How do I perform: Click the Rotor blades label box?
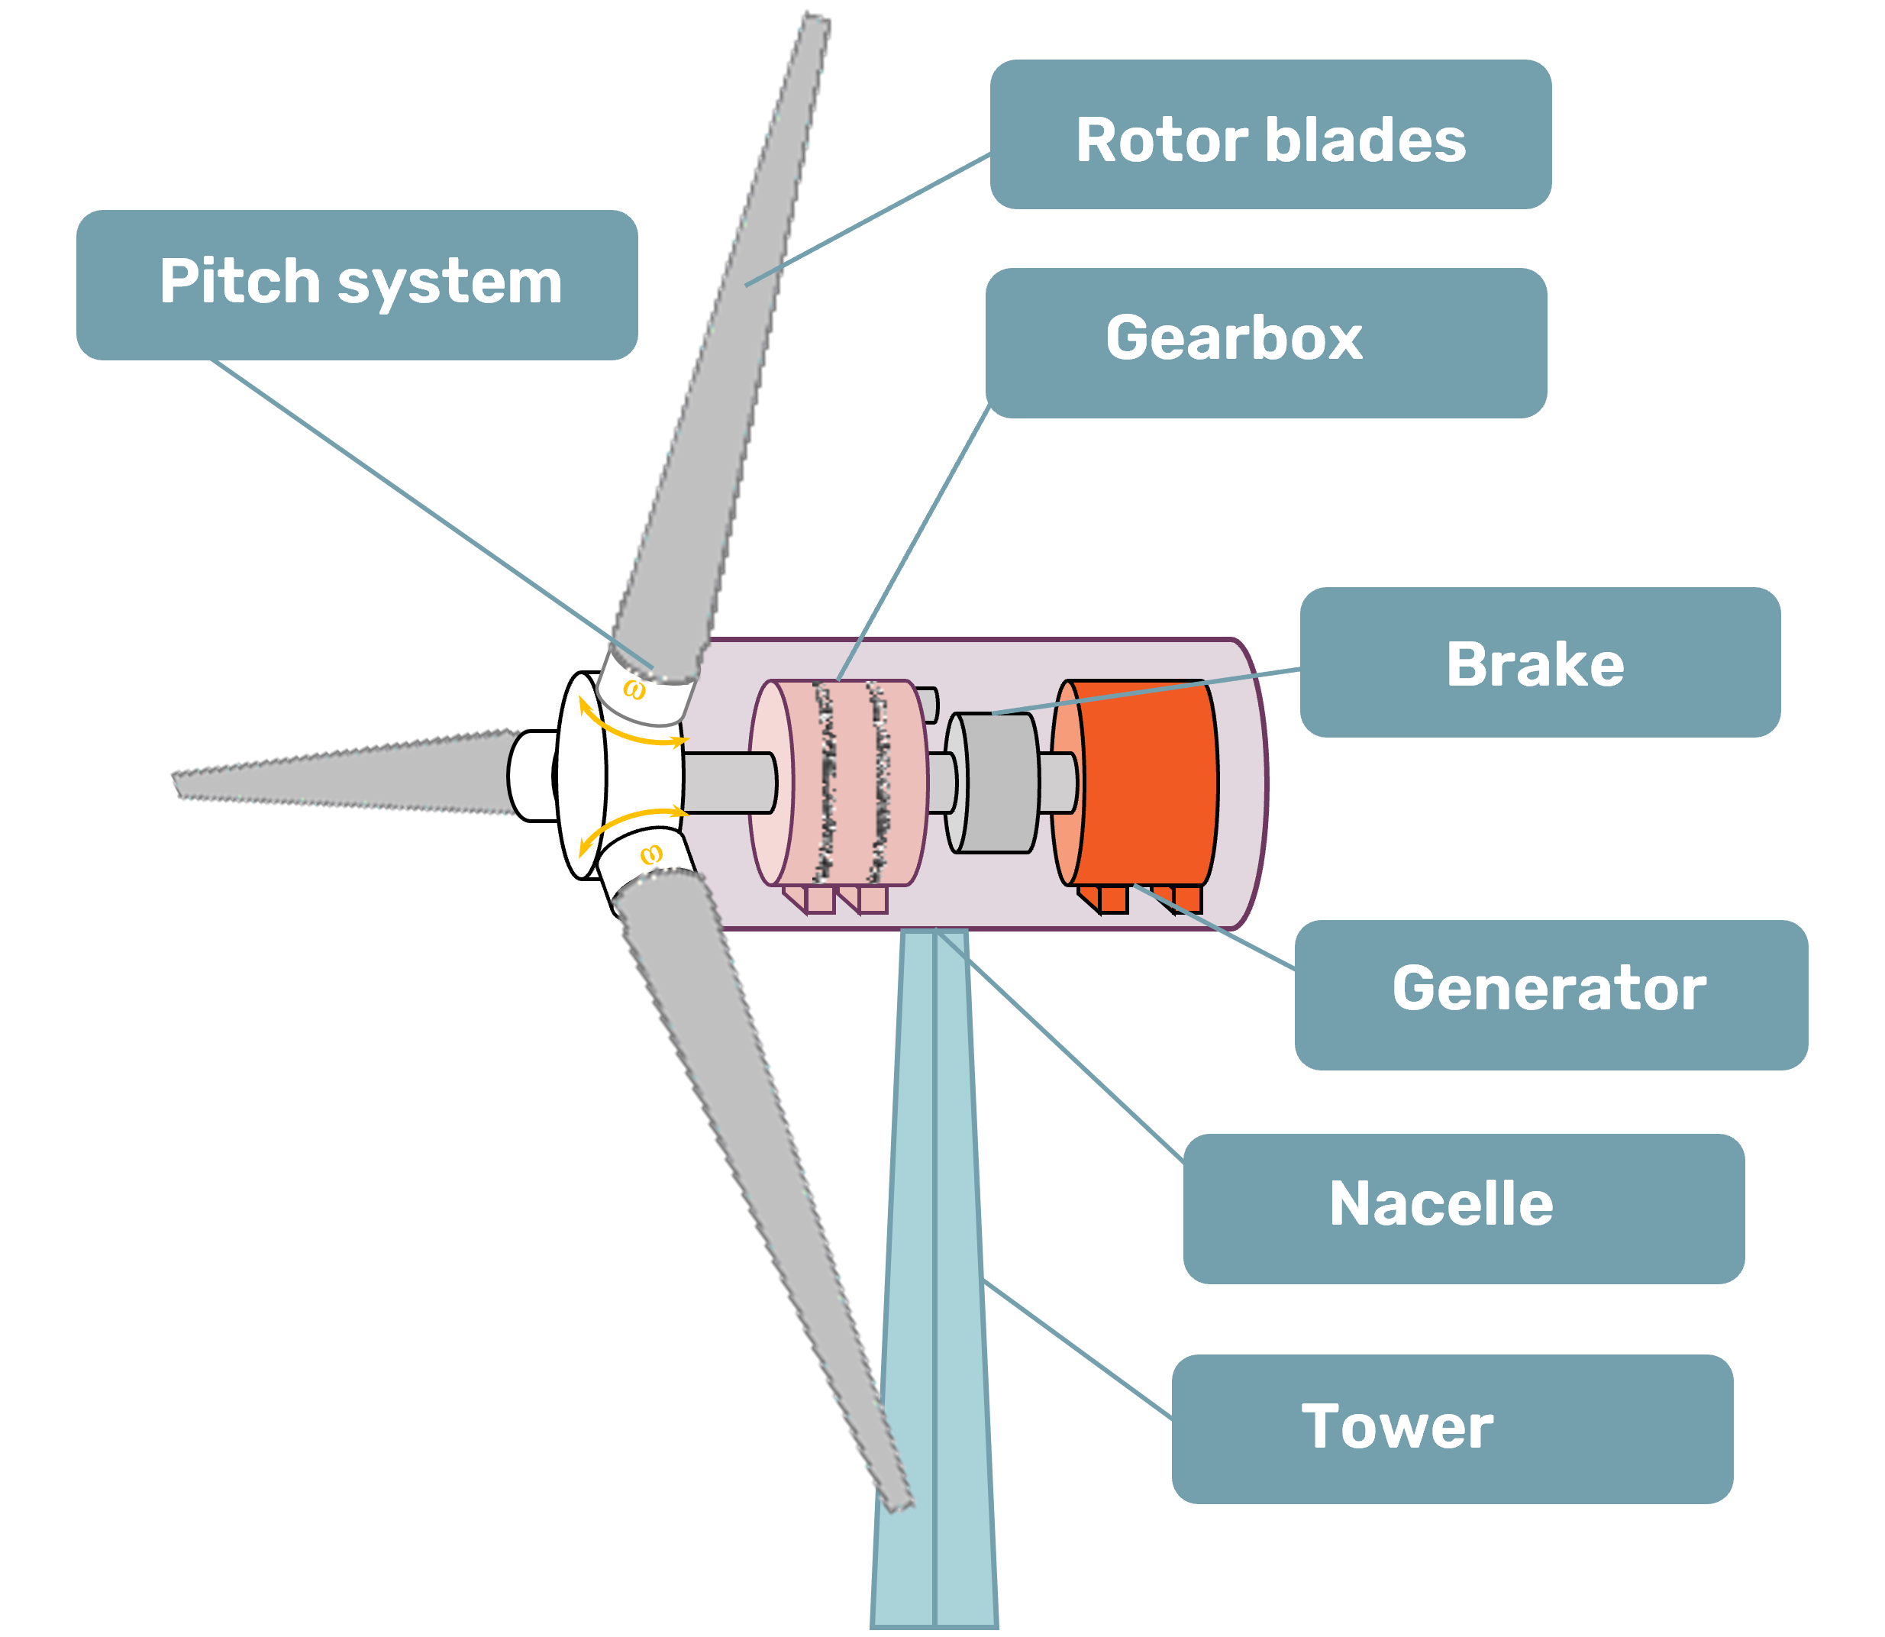point(1270,135)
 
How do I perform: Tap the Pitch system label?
point(357,284)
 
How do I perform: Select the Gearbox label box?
point(1265,343)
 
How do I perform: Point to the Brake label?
point(1539,662)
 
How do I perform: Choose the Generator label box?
point(1550,994)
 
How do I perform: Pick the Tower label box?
point(1451,1429)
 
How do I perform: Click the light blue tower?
point(934,1279)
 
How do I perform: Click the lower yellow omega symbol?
point(650,855)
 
